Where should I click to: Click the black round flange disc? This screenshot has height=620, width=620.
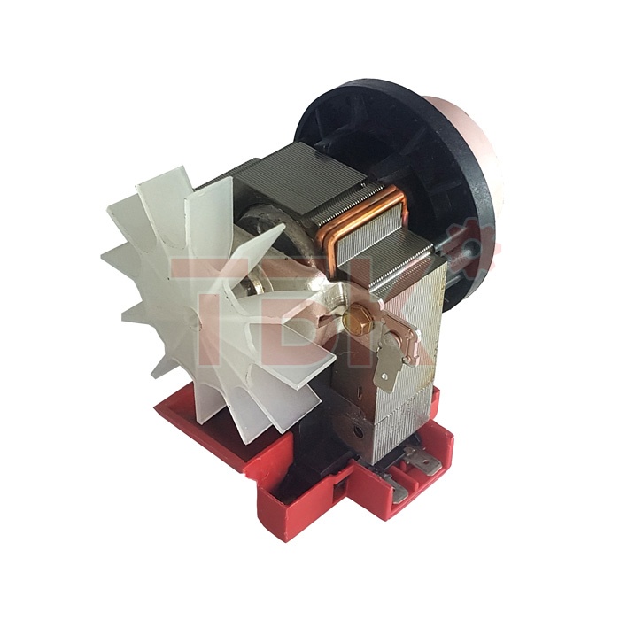pyautogui.click(x=399, y=174)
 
